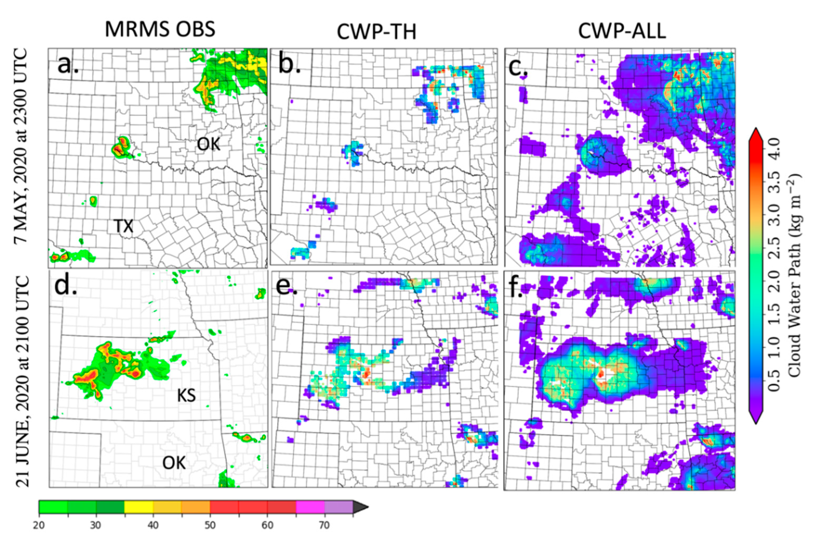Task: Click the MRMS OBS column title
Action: pyautogui.click(x=160, y=29)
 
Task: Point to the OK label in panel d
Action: pyautogui.click(x=174, y=463)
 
